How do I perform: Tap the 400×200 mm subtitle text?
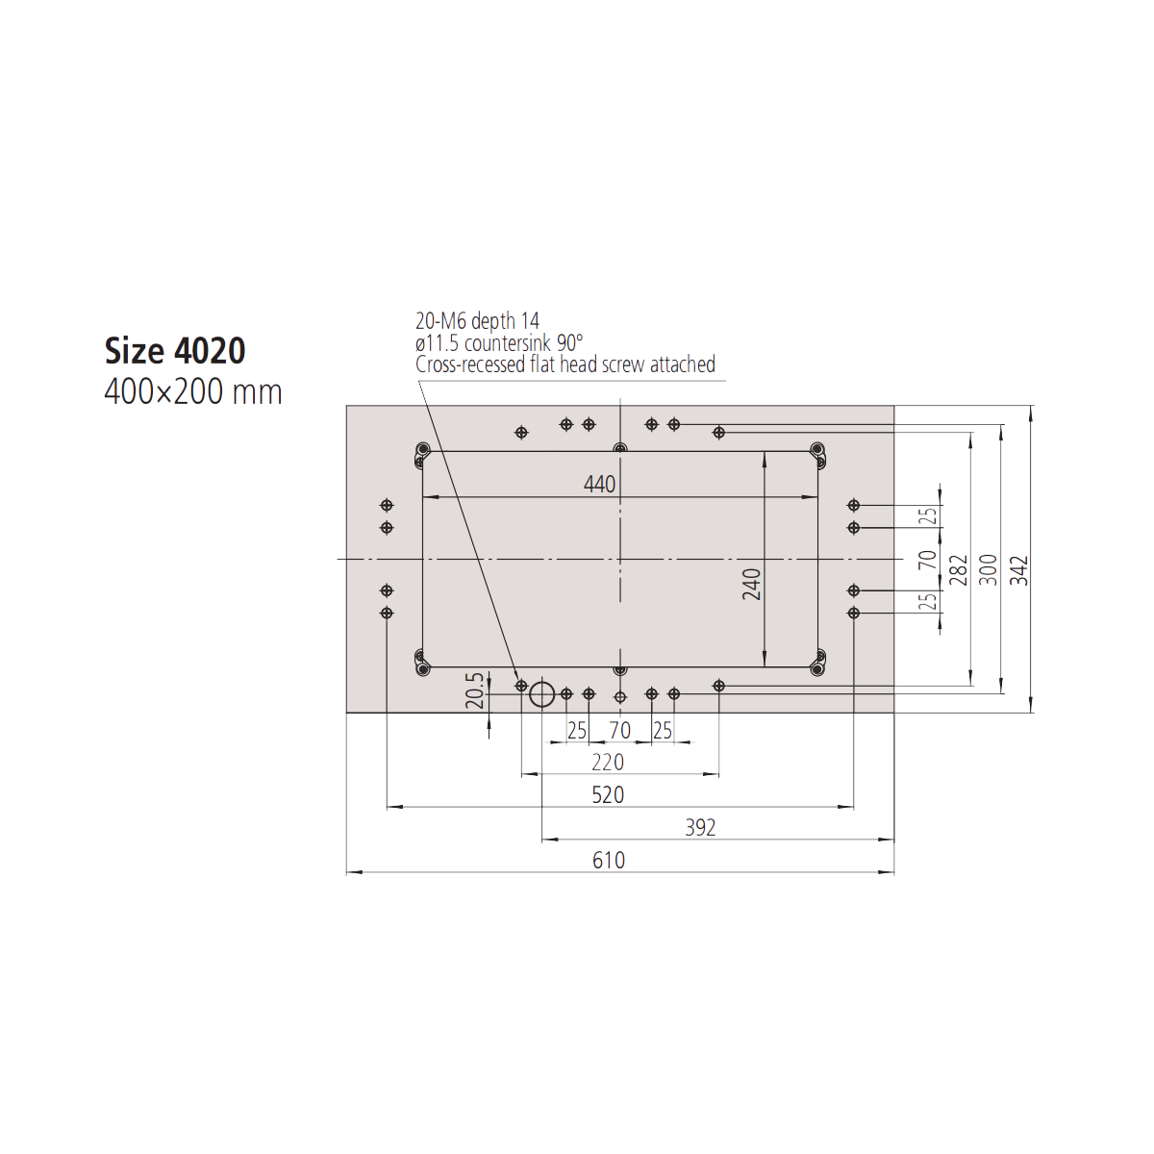pyautogui.click(x=193, y=392)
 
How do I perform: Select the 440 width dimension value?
pyautogui.click(x=599, y=484)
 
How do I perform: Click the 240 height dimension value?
pyautogui.click(x=752, y=584)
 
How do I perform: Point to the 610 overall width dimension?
pyautogui.click(x=609, y=861)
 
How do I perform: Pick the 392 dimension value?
pyautogui.click(x=700, y=828)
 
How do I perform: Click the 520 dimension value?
pyautogui.click(x=608, y=794)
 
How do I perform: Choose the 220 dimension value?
pyautogui.click(x=608, y=763)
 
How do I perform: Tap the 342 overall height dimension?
pyautogui.click(x=1018, y=570)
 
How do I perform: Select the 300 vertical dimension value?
pyautogui.click(x=989, y=570)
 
